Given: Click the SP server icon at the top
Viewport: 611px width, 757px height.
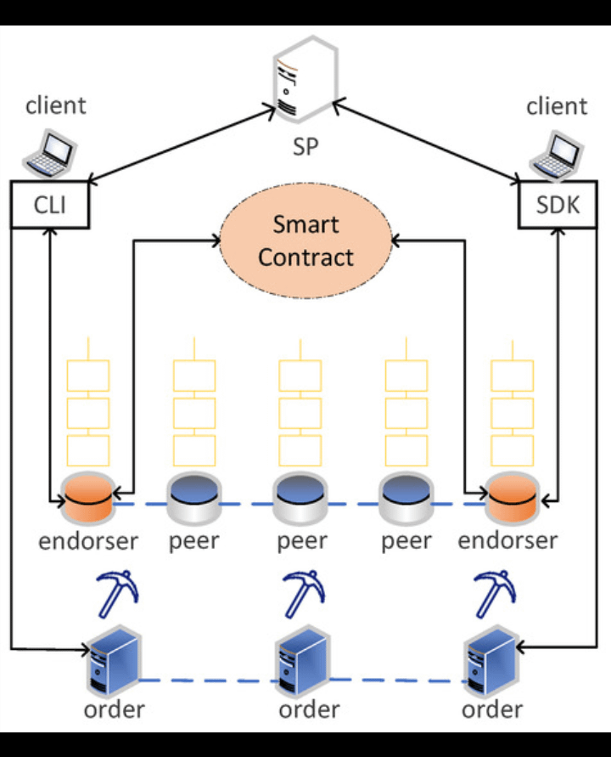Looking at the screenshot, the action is tap(305, 79).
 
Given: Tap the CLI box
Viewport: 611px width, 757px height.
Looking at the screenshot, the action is tap(50, 204).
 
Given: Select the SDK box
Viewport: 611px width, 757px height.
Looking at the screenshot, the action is tap(558, 204).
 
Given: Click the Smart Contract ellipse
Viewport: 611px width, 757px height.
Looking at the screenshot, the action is tap(305, 240).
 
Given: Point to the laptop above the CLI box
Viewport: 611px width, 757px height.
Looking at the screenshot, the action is tap(50, 154).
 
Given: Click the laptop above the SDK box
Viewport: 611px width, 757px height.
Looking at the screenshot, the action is tap(557, 155).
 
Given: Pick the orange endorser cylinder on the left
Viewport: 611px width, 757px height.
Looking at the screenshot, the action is tap(88, 498).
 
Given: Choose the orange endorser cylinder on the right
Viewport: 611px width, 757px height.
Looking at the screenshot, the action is tap(513, 498).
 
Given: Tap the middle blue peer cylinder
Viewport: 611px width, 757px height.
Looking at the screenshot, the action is tap(300, 498).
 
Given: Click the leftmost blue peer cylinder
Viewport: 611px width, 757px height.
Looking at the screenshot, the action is tap(193, 498).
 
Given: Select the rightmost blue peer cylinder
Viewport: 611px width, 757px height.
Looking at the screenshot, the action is tap(406, 498).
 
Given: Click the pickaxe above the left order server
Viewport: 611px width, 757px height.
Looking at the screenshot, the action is tap(117, 594).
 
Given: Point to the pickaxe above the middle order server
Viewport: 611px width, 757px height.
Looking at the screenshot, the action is tap(304, 594).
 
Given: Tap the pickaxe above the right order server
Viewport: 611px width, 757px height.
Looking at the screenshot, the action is tap(495, 594).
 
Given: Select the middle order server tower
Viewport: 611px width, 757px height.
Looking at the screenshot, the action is tap(302, 661).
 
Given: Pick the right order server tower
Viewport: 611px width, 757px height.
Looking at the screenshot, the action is tap(492, 661).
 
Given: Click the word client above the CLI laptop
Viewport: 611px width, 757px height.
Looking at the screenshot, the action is tap(56, 105).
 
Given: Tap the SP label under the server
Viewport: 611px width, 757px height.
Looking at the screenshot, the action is tap(305, 147).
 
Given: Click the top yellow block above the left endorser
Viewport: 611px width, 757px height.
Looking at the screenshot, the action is tap(88, 376).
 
